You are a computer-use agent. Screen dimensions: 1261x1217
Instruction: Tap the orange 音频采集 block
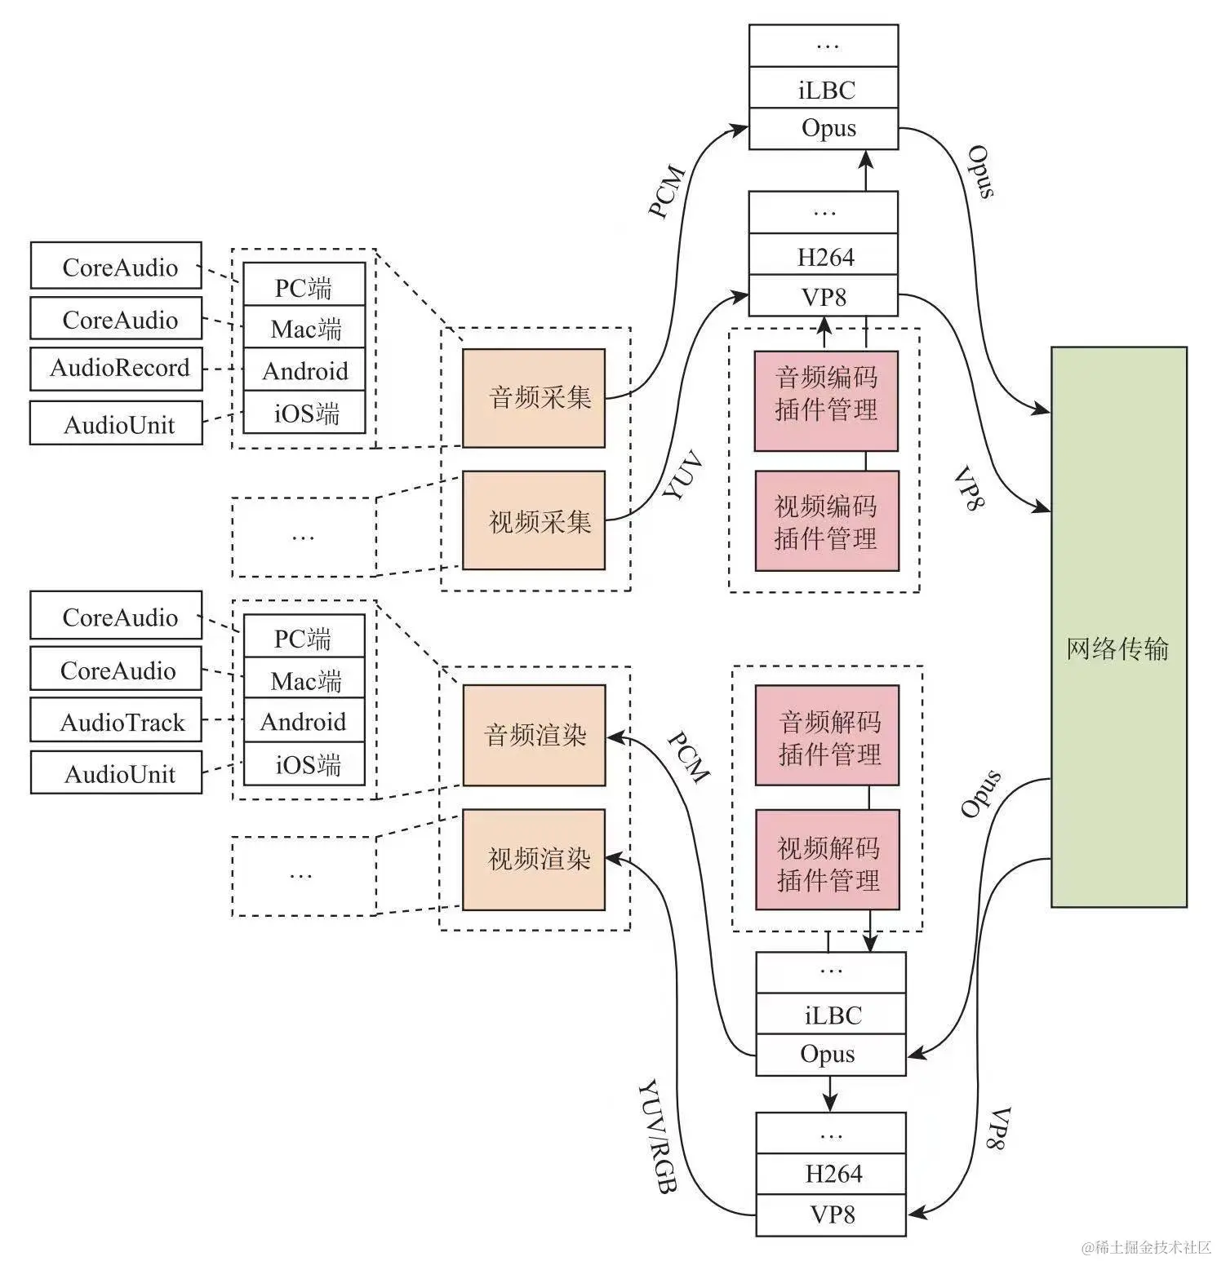[534, 398]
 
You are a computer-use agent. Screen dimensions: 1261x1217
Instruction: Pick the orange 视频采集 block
[534, 520]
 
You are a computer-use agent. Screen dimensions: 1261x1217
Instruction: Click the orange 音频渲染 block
[534, 735]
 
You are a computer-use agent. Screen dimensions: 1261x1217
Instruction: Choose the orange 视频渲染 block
[534, 859]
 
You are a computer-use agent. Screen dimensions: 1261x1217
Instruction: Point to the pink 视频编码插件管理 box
[826, 521]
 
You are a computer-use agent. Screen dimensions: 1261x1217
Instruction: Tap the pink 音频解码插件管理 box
[827, 736]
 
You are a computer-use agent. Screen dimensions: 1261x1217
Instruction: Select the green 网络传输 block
[1118, 626]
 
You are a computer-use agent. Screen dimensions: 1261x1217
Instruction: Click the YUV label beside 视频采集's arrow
[682, 476]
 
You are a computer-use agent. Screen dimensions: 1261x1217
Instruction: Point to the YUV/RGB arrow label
[657, 1138]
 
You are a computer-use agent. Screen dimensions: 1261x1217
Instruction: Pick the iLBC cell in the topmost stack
[824, 89]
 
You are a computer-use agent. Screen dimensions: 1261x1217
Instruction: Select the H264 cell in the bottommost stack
[831, 1174]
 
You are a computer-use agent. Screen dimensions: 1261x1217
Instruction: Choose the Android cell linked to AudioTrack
[304, 722]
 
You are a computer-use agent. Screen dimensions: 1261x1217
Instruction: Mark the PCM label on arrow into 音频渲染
[688, 757]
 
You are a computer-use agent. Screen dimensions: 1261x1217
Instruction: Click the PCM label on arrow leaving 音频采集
[666, 192]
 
